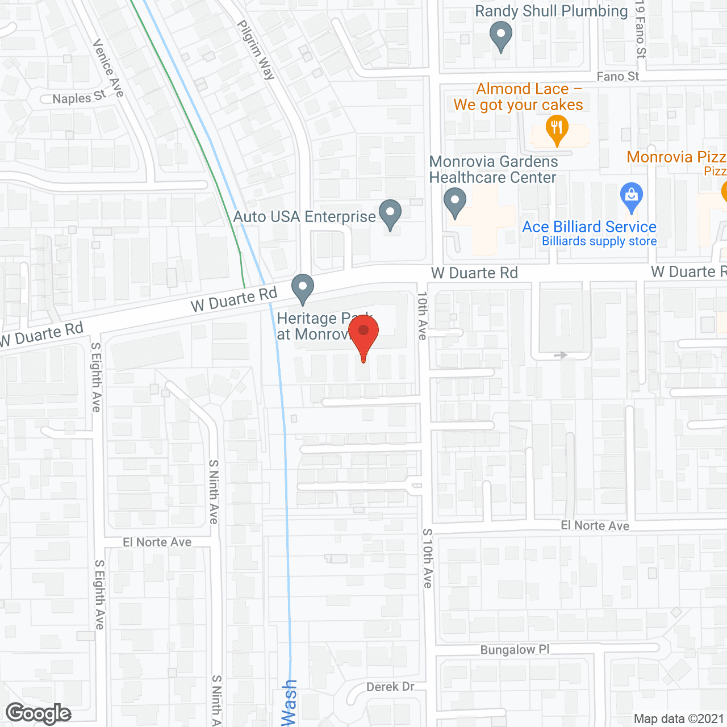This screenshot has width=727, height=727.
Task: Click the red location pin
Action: tap(363, 335)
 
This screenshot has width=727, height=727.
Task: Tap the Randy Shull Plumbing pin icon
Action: tap(500, 35)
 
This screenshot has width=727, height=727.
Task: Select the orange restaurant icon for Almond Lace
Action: tap(557, 129)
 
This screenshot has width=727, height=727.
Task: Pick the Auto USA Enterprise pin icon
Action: tap(390, 214)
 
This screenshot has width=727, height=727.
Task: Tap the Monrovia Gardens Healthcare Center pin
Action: tap(454, 202)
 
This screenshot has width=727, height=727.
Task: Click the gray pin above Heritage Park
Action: tap(303, 288)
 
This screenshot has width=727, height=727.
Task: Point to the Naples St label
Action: tap(79, 98)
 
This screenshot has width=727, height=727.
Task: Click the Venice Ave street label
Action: tap(108, 68)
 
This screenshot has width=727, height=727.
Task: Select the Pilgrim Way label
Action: tap(256, 50)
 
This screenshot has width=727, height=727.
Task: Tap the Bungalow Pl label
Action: tap(515, 650)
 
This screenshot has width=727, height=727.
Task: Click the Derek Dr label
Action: tap(390, 687)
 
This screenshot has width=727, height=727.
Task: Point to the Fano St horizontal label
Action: tap(617, 77)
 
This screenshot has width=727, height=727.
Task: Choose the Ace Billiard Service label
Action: tap(589, 227)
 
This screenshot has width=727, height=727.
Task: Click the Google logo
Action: tap(39, 713)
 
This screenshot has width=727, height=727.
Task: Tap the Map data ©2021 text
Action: tap(679, 719)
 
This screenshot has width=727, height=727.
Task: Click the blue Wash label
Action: tap(289, 703)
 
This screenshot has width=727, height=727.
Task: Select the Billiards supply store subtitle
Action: tap(599, 241)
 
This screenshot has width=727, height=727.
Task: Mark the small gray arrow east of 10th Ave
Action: tap(561, 355)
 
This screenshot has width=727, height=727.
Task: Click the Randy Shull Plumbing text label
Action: tap(551, 11)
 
